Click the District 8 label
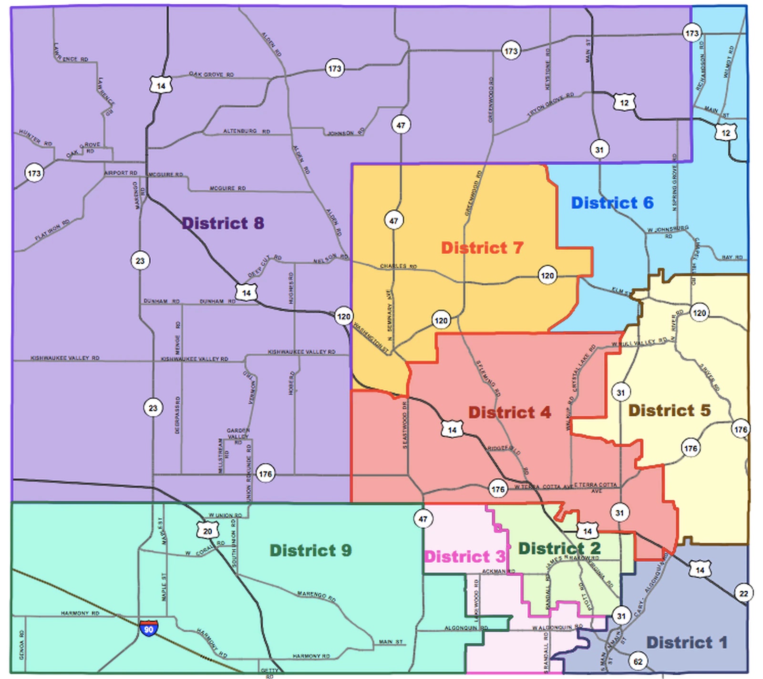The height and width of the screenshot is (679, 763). tap(223, 223)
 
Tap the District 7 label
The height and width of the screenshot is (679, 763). tap(482, 248)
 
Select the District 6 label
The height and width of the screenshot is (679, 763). tap(612, 203)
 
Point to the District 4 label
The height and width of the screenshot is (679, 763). tap(509, 412)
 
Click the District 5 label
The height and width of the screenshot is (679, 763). tap(669, 411)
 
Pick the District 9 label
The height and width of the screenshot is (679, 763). tap(310, 551)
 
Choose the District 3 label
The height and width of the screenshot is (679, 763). tap(464, 556)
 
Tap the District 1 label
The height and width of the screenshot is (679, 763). tap(686, 643)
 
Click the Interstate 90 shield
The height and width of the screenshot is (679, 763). tap(149, 628)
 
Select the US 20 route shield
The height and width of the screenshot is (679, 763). tap(207, 531)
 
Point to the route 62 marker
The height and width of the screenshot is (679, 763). tap(638, 661)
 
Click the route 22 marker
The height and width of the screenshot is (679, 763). tap(743, 594)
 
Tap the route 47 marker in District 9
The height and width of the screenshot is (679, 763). tap(423, 519)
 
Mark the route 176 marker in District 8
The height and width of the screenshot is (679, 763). tap(265, 474)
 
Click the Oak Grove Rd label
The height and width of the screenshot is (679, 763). tap(211, 74)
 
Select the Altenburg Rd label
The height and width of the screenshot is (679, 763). tap(247, 131)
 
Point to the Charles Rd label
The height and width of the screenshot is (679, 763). tap(398, 266)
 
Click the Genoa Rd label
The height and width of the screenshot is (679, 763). tap(21, 645)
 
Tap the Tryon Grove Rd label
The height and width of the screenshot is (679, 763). tap(551, 105)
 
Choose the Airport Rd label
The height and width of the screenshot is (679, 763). tap(121, 173)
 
